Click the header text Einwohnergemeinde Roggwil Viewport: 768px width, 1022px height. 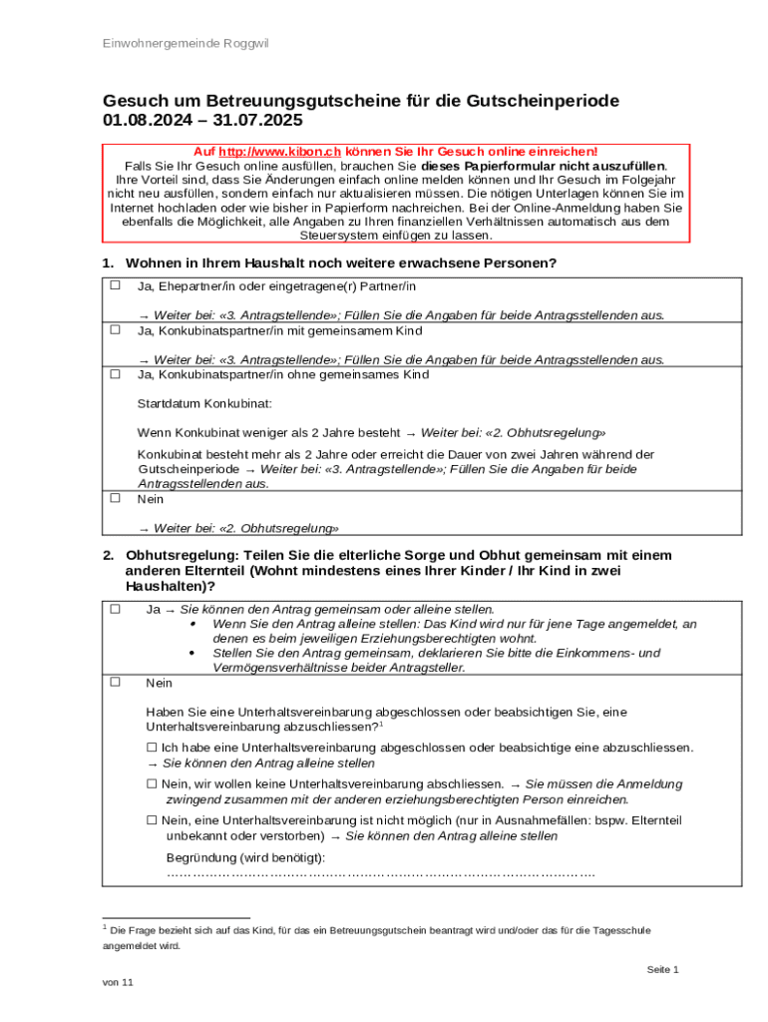point(186,44)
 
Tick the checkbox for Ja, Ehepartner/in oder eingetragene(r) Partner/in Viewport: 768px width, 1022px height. point(115,285)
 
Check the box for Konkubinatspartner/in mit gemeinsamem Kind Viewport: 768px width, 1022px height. point(115,329)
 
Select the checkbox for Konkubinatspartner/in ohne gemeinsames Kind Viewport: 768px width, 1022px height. point(115,374)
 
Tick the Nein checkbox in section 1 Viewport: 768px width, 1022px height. point(115,498)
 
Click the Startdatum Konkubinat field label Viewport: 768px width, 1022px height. point(204,404)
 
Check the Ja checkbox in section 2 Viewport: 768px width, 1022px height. point(115,608)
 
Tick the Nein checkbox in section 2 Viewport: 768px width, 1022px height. point(115,683)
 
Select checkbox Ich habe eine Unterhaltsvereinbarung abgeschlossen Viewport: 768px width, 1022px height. point(152,747)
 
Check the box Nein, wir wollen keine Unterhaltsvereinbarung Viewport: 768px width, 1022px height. point(152,783)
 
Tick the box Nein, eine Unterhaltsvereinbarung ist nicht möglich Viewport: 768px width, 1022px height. point(152,819)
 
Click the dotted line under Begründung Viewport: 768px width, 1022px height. point(380,874)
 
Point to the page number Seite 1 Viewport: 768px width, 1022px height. point(662,969)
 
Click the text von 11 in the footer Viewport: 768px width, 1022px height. point(118,982)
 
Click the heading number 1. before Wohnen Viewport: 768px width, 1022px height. point(108,263)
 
